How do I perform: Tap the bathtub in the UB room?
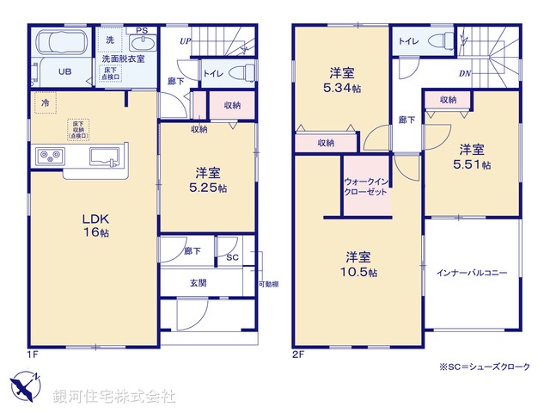[x=56, y=42]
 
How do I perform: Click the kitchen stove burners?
[x=49, y=156]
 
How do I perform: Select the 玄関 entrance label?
[x=197, y=282]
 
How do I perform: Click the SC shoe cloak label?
[x=232, y=256]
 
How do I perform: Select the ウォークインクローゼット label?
[x=367, y=188]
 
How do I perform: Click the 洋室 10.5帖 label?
[x=358, y=264]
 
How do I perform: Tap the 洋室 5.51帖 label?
[x=472, y=156]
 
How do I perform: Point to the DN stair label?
[x=464, y=74]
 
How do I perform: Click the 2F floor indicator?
[x=298, y=354]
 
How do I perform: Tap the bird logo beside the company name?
[x=25, y=385]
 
